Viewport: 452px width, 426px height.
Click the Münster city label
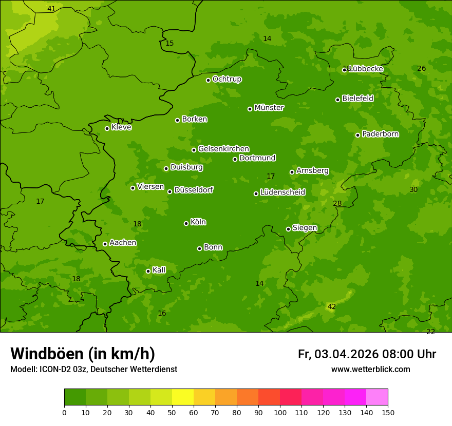pyautogui.click(x=269, y=108)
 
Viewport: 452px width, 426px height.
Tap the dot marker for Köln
pyautogui.click(x=186, y=223)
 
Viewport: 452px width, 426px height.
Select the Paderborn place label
pyautogui.click(x=380, y=134)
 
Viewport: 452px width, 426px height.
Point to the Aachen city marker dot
pyautogui.click(x=105, y=244)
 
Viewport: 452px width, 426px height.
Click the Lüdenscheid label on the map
pyautogui.click(x=282, y=192)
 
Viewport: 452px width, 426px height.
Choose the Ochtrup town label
pyautogui.click(x=227, y=79)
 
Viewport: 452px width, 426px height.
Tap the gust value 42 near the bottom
pyautogui.click(x=332, y=307)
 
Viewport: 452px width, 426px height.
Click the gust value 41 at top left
pyautogui.click(x=51, y=9)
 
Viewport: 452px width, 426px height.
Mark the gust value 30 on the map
pyautogui.click(x=413, y=190)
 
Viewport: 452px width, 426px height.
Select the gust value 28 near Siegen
pyautogui.click(x=337, y=204)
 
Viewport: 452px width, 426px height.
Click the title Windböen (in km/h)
pyautogui.click(x=83, y=354)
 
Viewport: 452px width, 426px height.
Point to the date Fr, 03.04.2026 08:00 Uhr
pyautogui.click(x=367, y=354)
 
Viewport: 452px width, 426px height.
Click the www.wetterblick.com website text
pyautogui.click(x=370, y=369)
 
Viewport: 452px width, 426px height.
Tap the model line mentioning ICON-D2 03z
pyautogui.click(x=93, y=369)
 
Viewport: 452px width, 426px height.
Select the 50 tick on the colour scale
pyautogui.click(x=172, y=412)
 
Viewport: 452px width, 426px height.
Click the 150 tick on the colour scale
pyautogui.click(x=388, y=412)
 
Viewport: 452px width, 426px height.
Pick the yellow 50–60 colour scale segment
pyautogui.click(x=183, y=397)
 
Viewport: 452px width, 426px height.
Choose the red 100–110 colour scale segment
pyautogui.click(x=291, y=397)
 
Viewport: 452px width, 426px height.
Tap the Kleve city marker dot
pyautogui.click(x=107, y=128)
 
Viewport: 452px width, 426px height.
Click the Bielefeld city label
pyautogui.click(x=357, y=98)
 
